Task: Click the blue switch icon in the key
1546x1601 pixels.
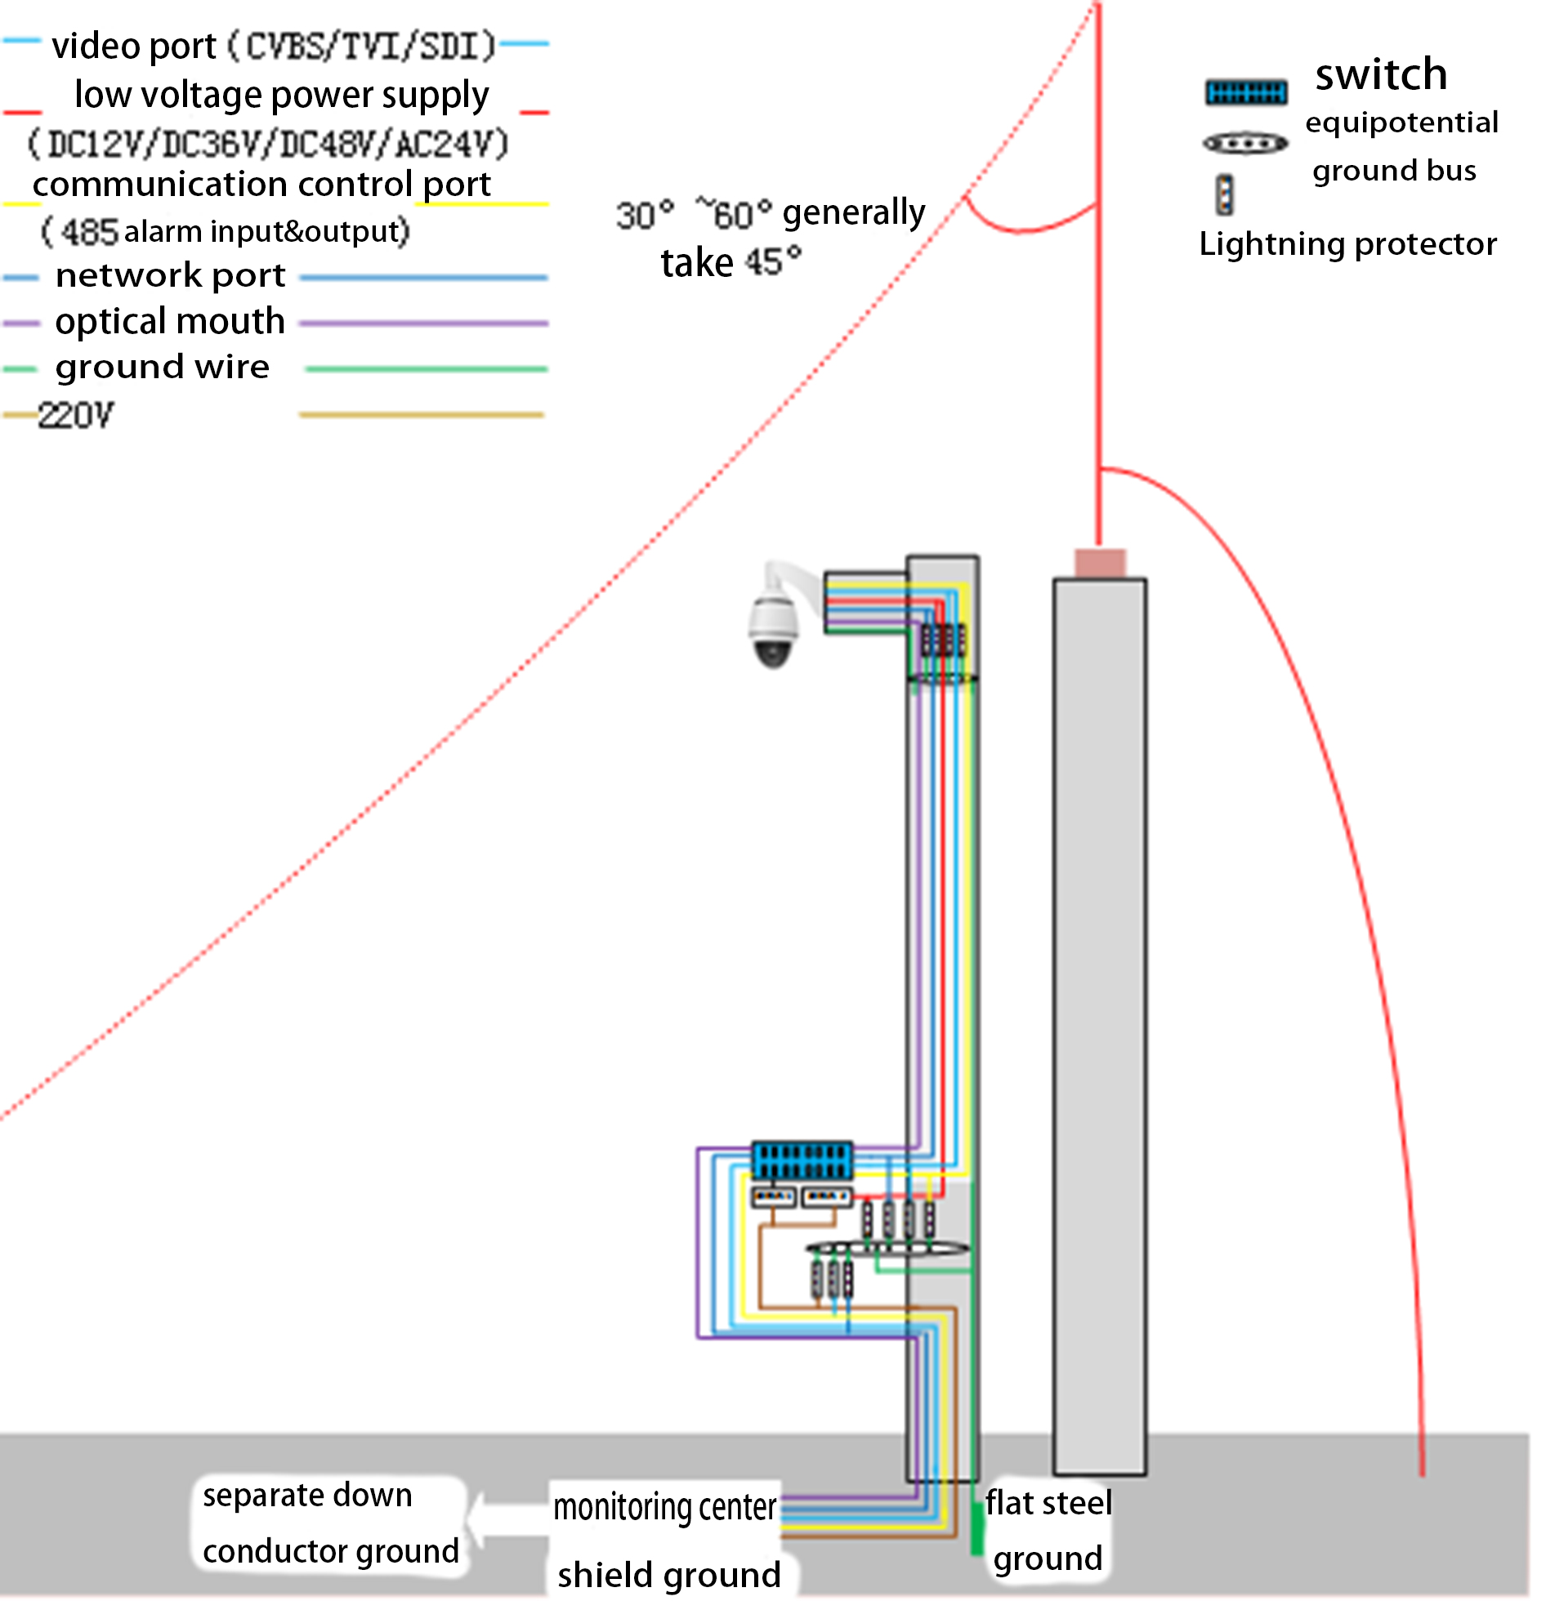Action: click(1245, 91)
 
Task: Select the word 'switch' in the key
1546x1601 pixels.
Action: click(1381, 75)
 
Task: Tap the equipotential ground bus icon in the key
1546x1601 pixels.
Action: click(1244, 145)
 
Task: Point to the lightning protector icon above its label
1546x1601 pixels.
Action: click(1224, 194)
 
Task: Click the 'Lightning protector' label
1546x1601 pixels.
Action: click(1347, 244)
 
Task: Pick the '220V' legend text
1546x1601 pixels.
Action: click(76, 416)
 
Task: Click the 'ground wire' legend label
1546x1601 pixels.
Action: click(162, 368)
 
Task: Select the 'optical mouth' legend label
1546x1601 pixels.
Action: click(170, 322)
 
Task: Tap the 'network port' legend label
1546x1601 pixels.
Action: click(170, 276)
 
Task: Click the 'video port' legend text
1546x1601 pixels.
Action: click(134, 46)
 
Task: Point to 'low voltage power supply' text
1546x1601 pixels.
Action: click(281, 96)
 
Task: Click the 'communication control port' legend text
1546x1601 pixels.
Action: click(261, 185)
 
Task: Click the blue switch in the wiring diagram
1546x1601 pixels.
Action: click(802, 1160)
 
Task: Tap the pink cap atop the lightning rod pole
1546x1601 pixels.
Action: click(1099, 563)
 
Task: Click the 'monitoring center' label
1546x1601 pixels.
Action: click(664, 1506)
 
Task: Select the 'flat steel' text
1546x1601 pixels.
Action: click(1048, 1502)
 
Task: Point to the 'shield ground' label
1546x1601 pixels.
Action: click(668, 1575)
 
